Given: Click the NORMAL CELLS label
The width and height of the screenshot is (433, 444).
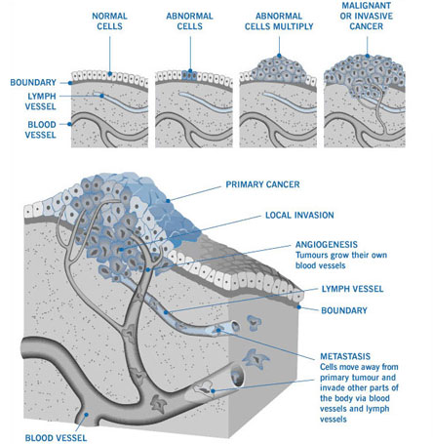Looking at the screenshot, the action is click(109, 21).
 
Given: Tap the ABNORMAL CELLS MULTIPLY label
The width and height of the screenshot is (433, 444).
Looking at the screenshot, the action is click(279, 21).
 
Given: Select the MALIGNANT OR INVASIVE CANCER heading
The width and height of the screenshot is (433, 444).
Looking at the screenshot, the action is click(367, 16).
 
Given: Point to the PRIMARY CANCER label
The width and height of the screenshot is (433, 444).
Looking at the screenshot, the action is click(262, 184).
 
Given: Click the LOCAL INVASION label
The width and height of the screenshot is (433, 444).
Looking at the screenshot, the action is click(299, 215).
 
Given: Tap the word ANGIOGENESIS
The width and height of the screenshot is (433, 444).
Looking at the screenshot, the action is click(327, 244).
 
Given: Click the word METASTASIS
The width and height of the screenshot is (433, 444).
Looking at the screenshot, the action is click(345, 356).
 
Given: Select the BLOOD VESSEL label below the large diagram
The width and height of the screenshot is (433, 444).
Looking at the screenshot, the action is click(56, 438).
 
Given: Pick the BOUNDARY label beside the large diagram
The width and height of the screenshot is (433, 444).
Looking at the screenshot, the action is click(344, 310).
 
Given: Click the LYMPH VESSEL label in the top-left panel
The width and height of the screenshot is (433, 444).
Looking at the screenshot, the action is click(41, 101).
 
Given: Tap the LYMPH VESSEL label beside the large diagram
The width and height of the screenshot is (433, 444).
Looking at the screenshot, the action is click(352, 289).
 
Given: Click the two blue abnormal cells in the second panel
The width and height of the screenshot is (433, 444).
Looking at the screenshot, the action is click(189, 75).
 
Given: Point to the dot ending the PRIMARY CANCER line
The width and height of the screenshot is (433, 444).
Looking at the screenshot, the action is click(168, 201).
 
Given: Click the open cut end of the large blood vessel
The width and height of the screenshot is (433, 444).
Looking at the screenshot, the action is click(237, 375).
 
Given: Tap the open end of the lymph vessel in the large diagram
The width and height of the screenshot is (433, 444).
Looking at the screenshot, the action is click(235, 326).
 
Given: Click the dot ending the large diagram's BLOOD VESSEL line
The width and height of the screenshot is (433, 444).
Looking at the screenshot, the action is click(87, 415).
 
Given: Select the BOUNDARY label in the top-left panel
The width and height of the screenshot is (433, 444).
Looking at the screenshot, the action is click(33, 82).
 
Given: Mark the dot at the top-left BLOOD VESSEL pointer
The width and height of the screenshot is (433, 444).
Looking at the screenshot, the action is click(69, 124).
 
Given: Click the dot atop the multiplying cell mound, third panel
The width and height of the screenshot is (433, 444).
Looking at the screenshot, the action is click(279, 56).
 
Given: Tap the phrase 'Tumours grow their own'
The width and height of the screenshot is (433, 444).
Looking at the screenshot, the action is click(341, 255).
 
